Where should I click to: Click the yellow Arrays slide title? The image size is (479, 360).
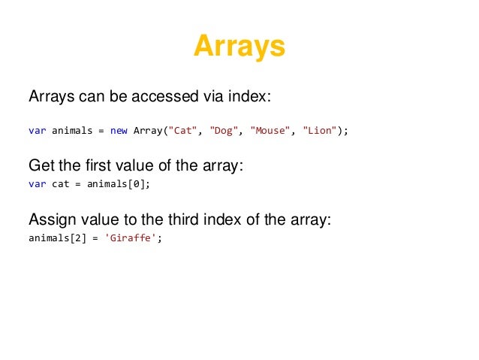(x=239, y=47)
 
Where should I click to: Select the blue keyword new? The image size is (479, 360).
(x=119, y=131)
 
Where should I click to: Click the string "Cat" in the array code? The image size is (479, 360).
(x=182, y=131)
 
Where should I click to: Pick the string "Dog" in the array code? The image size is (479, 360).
(x=222, y=131)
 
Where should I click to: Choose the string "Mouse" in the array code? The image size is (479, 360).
(x=270, y=131)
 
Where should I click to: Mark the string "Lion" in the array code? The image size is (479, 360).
(x=321, y=131)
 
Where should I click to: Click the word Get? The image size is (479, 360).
(x=41, y=166)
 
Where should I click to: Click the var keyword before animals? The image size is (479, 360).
(x=37, y=131)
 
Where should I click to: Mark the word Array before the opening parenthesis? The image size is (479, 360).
(x=148, y=131)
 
